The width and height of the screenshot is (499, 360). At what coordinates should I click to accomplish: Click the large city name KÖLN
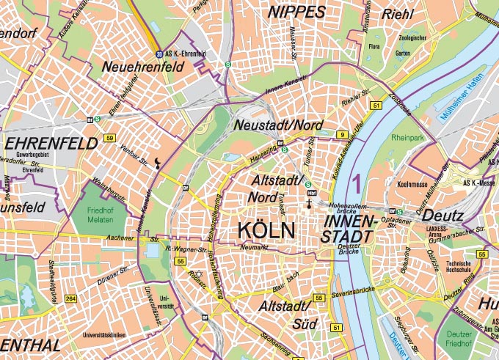266,230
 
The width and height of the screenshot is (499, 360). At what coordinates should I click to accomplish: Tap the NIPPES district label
296,12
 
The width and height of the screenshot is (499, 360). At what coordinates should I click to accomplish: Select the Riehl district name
398,13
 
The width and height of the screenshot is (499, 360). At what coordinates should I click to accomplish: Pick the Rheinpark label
409,137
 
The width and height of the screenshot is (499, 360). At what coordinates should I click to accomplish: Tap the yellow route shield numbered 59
109,138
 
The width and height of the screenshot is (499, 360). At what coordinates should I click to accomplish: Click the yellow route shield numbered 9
342,134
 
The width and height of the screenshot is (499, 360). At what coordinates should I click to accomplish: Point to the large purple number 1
357,180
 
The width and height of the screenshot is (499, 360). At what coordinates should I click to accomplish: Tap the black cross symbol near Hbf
310,205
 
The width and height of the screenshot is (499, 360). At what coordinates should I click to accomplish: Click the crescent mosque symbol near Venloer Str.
158,164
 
